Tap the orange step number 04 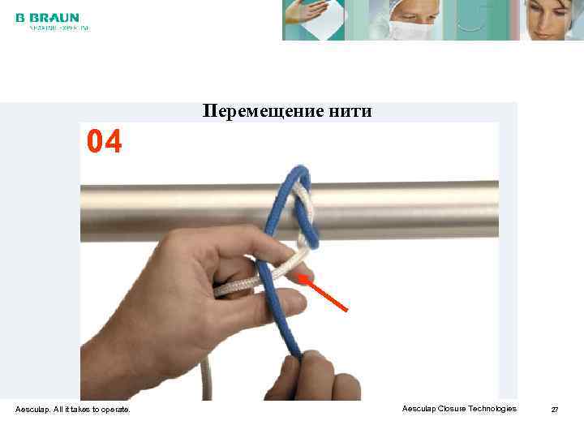pyautogui.click(x=105, y=143)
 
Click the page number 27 pyautogui.click(x=555, y=410)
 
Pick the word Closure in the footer pyautogui.click(x=451, y=409)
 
